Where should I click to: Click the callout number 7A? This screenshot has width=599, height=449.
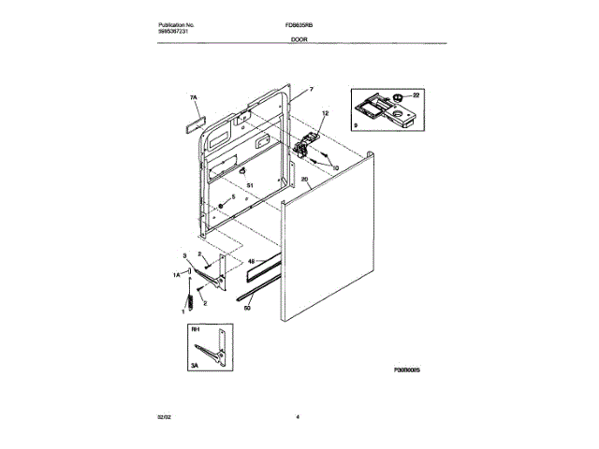point(194,97)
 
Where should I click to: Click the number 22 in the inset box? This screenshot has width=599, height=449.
point(417,94)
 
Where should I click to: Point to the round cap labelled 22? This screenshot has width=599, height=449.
point(398,96)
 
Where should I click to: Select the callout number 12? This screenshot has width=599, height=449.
point(325,114)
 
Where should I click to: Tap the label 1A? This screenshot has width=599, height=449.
point(176,274)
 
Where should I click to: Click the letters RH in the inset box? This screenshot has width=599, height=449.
point(195,329)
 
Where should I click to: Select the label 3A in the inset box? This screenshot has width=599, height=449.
point(195,369)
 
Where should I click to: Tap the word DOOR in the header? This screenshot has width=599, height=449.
point(299,40)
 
